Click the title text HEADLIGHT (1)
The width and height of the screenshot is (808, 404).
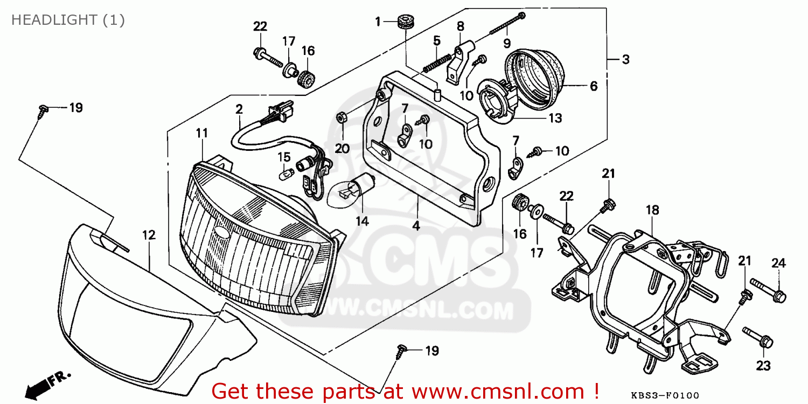(x=68, y=20)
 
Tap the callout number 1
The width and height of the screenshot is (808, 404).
(x=378, y=22)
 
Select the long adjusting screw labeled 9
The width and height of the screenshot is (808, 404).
(x=506, y=24)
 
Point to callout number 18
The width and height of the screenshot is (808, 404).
(x=652, y=210)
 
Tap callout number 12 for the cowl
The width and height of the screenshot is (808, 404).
(x=149, y=235)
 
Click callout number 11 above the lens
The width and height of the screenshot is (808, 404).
(x=201, y=133)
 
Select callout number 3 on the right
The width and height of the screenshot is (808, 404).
(x=625, y=60)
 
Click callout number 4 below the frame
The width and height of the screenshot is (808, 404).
(x=416, y=226)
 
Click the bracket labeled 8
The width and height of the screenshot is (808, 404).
(x=460, y=59)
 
